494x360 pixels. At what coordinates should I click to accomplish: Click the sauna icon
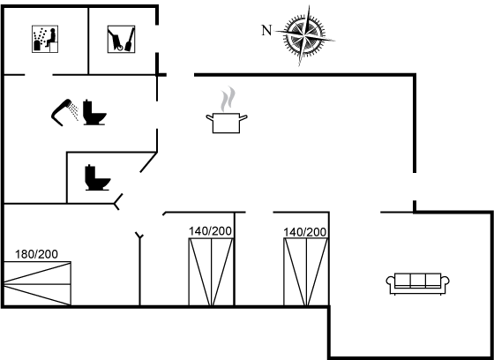[x=45, y=39]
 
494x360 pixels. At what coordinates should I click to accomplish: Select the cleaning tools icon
[x=122, y=39]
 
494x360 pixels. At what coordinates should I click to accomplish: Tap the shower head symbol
[x=64, y=112]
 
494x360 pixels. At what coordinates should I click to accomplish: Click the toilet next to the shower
[x=94, y=113]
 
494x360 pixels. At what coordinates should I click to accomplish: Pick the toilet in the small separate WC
[x=97, y=177]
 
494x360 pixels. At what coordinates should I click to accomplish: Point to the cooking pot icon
[x=226, y=124]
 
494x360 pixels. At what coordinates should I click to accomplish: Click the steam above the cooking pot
[x=228, y=99]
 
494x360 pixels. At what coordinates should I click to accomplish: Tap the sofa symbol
[x=418, y=284]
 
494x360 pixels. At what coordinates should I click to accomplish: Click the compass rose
[x=304, y=35]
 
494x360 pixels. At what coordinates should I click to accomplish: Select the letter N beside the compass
[x=266, y=31]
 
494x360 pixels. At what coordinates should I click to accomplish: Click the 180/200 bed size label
[x=36, y=254]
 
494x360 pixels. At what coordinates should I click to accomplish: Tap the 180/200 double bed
[x=37, y=283]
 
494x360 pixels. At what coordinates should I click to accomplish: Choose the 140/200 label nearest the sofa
[x=304, y=232]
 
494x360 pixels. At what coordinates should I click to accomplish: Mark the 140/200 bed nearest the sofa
[x=306, y=272]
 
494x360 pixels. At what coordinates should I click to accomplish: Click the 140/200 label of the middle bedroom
[x=210, y=231]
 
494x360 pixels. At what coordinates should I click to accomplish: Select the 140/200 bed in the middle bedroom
[x=211, y=272]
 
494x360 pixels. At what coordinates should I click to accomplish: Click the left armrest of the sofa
[x=391, y=282]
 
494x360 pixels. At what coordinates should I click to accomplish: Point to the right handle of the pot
[x=243, y=118]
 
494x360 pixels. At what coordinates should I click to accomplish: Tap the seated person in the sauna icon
[x=51, y=38]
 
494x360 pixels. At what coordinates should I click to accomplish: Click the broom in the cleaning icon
[x=130, y=39]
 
